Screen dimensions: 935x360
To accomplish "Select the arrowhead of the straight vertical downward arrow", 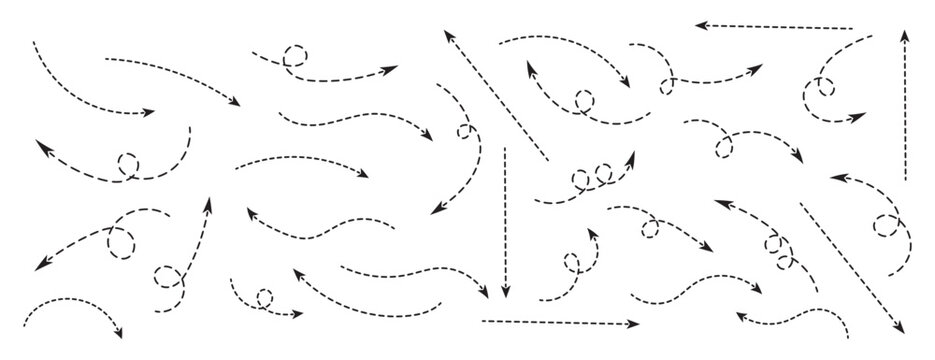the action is [505, 292].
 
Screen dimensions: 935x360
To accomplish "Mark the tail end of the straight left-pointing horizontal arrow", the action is [852, 28].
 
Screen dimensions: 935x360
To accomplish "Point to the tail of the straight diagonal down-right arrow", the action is [801, 205].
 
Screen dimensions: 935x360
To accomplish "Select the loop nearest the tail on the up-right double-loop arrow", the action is [580, 180].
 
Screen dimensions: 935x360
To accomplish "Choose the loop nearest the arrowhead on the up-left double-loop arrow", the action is [772, 241].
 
